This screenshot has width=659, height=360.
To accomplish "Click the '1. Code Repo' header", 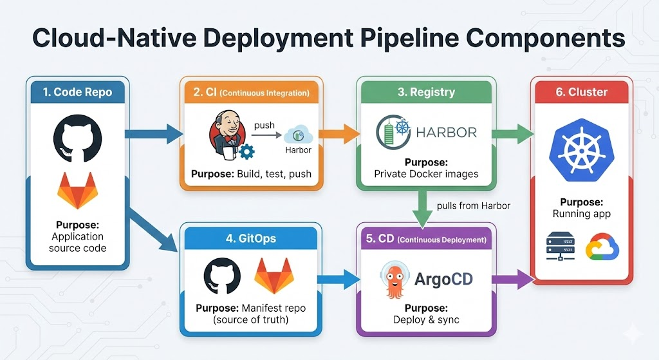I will point(77,92).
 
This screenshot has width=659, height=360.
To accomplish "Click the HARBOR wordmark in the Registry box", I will point(446,133).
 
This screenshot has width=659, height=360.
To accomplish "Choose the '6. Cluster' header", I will point(581,92).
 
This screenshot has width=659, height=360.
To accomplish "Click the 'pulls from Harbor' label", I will point(473,206).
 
